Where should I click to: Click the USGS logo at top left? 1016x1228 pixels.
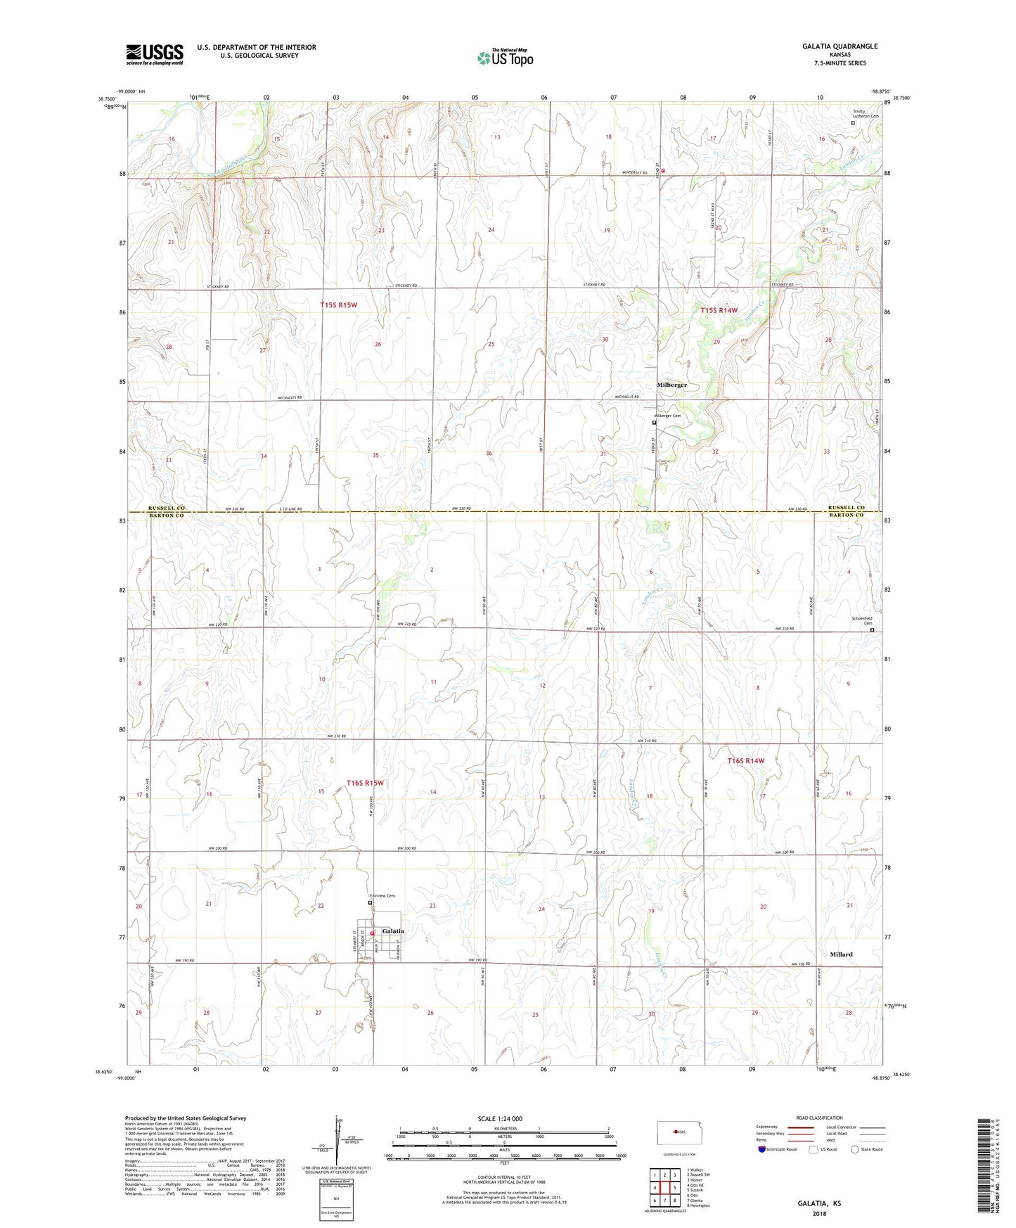pyautogui.click(x=155, y=54)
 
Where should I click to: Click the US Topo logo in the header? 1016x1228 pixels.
pyautogui.click(x=504, y=58)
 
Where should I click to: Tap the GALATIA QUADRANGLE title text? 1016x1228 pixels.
pyautogui.click(x=840, y=46)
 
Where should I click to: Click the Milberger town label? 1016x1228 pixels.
pyautogui.click(x=671, y=385)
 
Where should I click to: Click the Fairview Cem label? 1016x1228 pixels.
pyautogui.click(x=383, y=895)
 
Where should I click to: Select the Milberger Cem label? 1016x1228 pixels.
pyautogui.click(x=668, y=416)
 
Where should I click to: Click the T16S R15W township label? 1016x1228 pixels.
pyautogui.click(x=365, y=783)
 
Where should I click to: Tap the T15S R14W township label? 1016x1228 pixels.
pyautogui.click(x=719, y=310)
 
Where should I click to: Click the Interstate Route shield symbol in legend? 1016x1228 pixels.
pyautogui.click(x=763, y=1150)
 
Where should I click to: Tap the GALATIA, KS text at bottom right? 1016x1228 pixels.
pyautogui.click(x=819, y=1203)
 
